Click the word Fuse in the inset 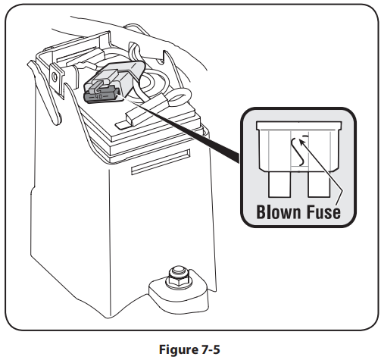pos(323,211)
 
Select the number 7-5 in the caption pos(211,349)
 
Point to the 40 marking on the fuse pos(98,96)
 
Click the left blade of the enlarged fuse pos(280,184)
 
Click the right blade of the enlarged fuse pos(319,184)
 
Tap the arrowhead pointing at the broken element pos(302,142)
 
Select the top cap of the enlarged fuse pos(299,126)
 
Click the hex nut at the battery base pos(178,280)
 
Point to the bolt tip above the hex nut pos(178,271)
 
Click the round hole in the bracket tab pos(55,76)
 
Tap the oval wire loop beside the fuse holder pos(179,97)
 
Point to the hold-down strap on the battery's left pos(45,93)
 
